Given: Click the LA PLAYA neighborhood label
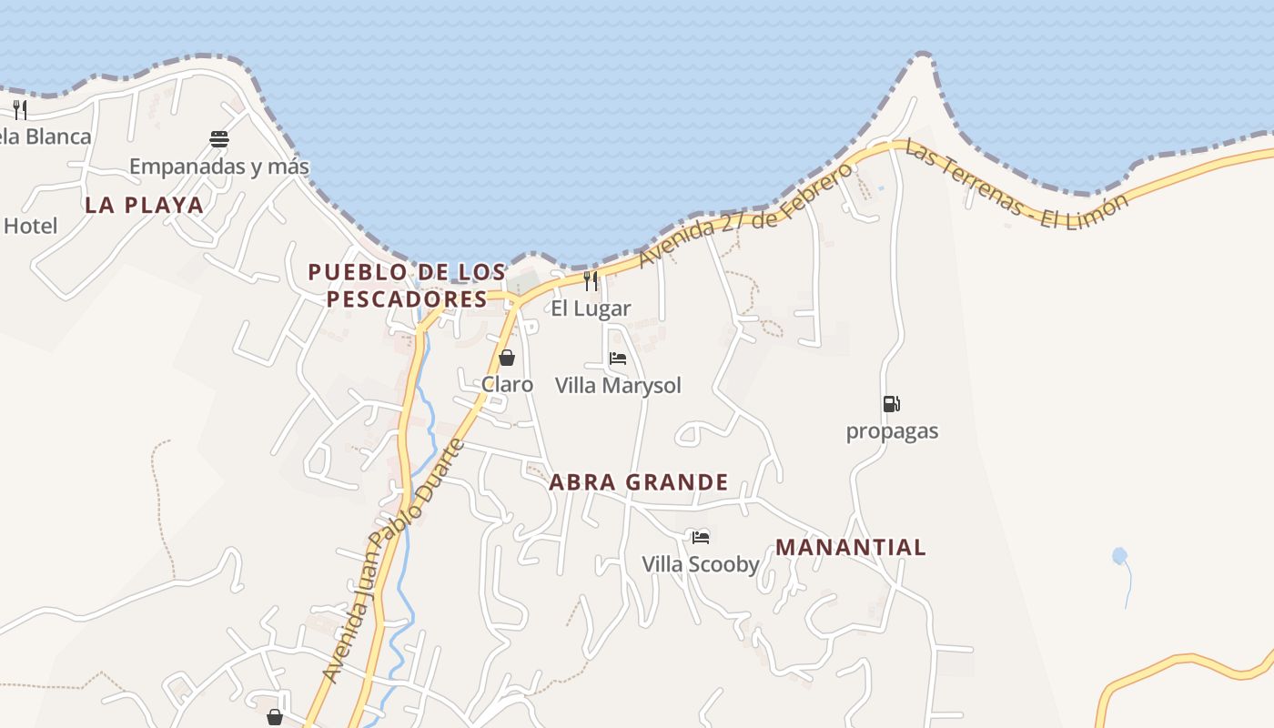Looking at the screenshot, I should coord(144,205).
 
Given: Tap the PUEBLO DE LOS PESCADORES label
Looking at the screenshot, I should coord(407,285).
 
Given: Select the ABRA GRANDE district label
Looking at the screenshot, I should coord(639,482).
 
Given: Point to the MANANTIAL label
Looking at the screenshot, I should coord(851,547).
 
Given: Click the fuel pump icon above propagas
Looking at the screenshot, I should coord(891,404).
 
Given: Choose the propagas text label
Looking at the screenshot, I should coord(892,430).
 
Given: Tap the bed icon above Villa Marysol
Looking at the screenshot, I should coord(618,359).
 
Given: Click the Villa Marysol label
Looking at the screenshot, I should coord(618,385).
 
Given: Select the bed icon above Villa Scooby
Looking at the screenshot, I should coord(701,537).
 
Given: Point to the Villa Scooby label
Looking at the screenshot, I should coord(701,564).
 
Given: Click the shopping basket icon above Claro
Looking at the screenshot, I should coord(507,358).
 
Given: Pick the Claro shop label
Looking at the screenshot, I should coord(507,384).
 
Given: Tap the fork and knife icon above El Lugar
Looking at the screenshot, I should coord(591,280).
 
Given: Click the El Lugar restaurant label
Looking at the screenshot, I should coord(591,308).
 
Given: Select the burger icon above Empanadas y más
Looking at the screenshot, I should coord(218,139).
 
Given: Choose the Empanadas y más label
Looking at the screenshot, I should coord(218,167).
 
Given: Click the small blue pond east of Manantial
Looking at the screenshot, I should coord(1119,555).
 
